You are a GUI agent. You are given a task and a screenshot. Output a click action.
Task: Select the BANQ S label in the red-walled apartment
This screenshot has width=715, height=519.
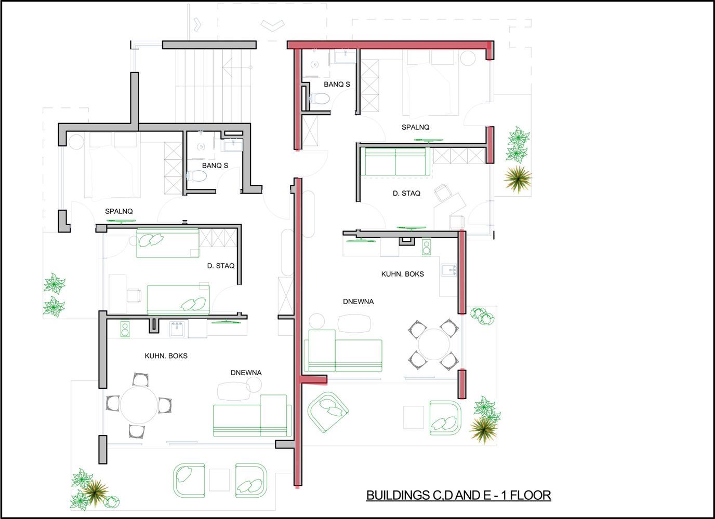(337, 84)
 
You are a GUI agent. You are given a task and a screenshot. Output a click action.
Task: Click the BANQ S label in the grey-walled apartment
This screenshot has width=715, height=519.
(215, 166)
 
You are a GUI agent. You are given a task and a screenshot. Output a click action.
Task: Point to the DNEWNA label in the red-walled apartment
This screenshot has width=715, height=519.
(358, 301)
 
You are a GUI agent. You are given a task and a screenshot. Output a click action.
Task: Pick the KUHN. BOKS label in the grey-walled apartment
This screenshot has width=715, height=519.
(166, 356)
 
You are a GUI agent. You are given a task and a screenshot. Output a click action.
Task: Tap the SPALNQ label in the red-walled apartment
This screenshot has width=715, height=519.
(415, 127)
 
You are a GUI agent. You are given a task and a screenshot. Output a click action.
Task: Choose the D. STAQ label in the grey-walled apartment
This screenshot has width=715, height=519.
(220, 266)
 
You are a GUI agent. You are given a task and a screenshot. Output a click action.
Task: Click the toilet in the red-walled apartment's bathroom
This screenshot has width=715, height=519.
(319, 99)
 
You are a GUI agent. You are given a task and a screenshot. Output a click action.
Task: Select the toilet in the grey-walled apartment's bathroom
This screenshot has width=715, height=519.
(196, 176)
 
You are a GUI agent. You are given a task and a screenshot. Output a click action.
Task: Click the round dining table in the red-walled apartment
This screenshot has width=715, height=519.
(434, 344)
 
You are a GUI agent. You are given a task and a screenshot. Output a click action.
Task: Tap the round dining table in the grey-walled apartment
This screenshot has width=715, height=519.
(139, 405)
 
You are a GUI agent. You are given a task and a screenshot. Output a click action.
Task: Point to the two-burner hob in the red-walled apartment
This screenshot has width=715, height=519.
(427, 248)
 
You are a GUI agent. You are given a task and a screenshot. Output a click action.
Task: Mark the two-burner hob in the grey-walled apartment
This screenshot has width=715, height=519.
(125, 330)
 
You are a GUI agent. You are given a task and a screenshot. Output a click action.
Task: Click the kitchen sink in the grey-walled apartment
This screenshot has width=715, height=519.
(177, 329)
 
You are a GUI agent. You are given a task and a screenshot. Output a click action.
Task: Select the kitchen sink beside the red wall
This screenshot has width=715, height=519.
(449, 270)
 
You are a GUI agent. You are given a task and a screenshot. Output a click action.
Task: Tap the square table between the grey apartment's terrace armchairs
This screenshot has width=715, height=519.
(219, 480)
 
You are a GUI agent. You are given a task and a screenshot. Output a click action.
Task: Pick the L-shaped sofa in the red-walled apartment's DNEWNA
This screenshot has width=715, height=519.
(343, 351)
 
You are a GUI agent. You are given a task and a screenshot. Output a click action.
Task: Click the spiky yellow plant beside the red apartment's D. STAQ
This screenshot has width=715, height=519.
(518, 179)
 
